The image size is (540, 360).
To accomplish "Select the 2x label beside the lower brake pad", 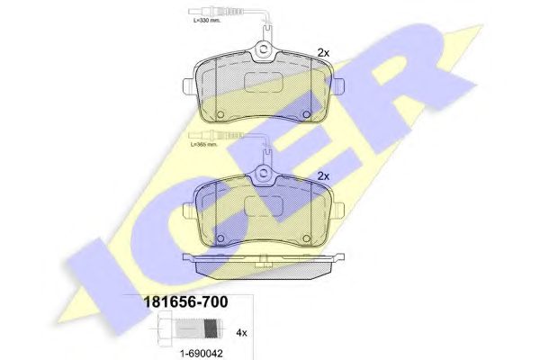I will click(325, 176).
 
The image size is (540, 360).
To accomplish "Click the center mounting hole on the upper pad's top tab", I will click(265, 53).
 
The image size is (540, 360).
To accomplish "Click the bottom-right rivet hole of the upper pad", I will click(308, 114).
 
